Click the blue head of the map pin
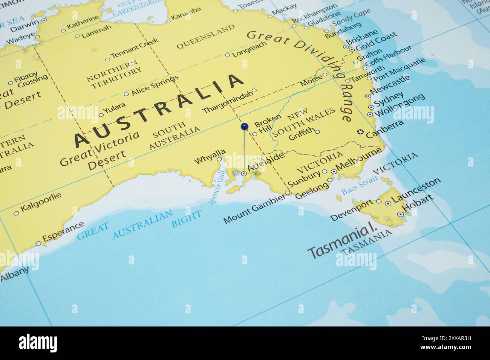pyautogui.click(x=245, y=127)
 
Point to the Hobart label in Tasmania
pyautogui.click(x=418, y=203)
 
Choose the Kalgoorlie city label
pyautogui.click(x=41, y=202)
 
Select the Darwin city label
pyautogui.click(x=24, y=26)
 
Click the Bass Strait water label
pyautogui.click(x=359, y=185)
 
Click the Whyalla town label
pyautogui.click(x=210, y=156)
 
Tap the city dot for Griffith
pyautogui.click(x=317, y=132)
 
